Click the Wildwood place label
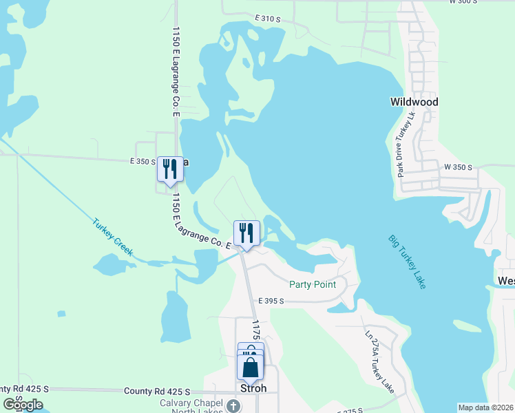click(x=414, y=102)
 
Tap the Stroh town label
click(x=253, y=388)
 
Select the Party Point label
click(x=312, y=284)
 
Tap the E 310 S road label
click(x=267, y=18)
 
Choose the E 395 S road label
click(x=271, y=301)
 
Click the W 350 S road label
click(x=458, y=167)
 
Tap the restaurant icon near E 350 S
click(x=169, y=169)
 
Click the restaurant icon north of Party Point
click(x=246, y=233)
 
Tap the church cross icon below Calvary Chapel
click(x=233, y=406)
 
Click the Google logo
click(x=23, y=404)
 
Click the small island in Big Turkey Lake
click(x=469, y=326)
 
